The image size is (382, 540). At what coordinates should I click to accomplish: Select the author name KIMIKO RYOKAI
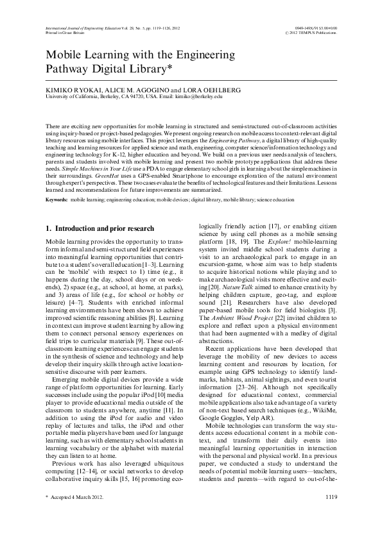click(x=71, y=90)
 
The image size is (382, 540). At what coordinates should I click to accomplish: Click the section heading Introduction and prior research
click(x=104, y=228)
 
